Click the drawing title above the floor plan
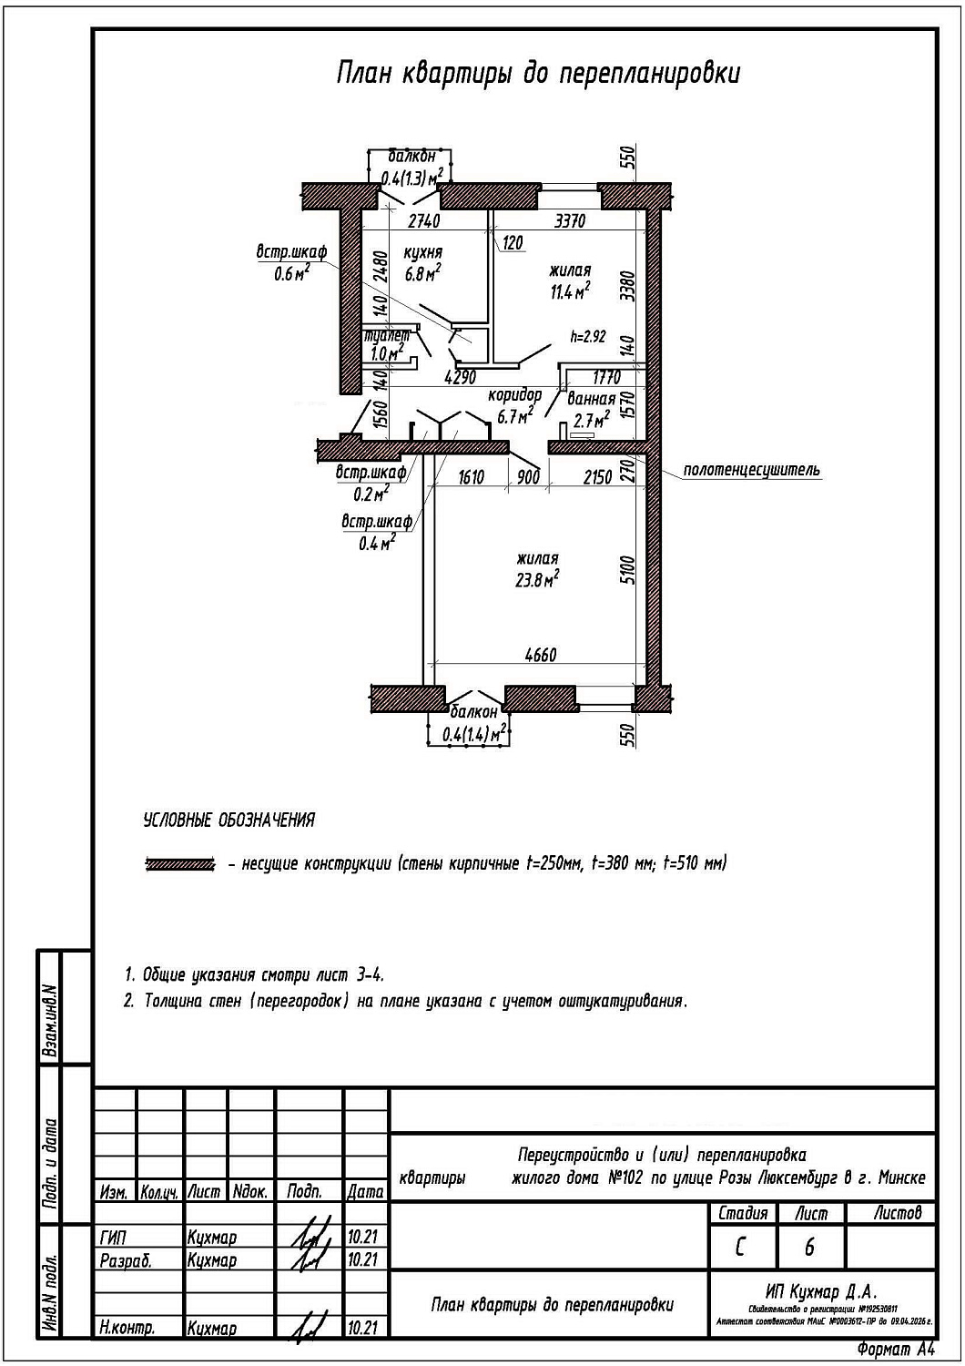[538, 74]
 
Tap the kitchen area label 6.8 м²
[422, 273]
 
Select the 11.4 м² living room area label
[569, 291]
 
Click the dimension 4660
[540, 655]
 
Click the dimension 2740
[424, 220]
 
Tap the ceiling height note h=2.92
[587, 336]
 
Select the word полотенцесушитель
[751, 470]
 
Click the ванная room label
[591, 399]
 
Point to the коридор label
[514, 395]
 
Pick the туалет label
[386, 335]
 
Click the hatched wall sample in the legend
[179, 863]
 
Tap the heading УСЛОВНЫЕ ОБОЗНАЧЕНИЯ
[229, 820]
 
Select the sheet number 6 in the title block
[809, 1247]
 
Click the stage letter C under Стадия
[741, 1247]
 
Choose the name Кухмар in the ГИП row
[211, 1238]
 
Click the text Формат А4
[896, 1348]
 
